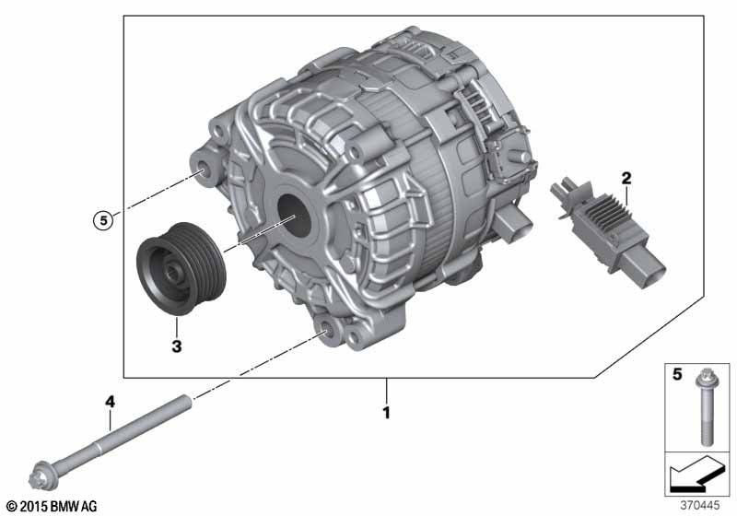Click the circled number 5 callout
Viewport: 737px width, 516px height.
point(103,220)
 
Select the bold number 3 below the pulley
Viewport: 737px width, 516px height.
point(176,346)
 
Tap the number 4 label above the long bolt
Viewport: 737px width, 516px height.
point(110,402)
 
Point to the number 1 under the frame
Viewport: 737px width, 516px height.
point(386,413)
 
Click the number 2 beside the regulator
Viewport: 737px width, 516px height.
point(626,179)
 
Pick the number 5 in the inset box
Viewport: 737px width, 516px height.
point(677,374)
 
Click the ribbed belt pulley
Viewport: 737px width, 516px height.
point(181,269)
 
